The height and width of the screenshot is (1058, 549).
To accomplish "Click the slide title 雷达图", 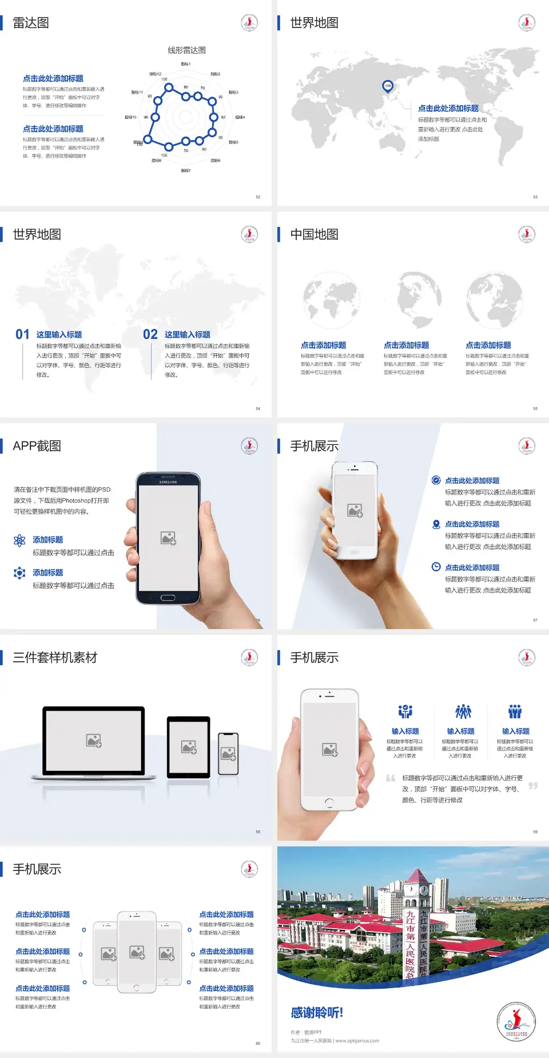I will (31, 23).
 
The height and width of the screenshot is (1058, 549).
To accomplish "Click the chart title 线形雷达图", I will (186, 50).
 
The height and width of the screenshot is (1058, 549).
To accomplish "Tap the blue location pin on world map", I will (388, 86).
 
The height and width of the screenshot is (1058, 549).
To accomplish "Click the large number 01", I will (22, 335).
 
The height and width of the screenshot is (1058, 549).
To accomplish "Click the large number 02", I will (150, 335).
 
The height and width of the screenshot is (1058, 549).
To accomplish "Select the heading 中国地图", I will (314, 234).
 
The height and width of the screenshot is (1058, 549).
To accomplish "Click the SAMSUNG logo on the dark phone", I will (168, 482).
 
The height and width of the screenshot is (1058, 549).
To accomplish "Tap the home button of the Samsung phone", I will (168, 598).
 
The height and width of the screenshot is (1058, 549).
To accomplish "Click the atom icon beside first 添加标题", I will (19, 540).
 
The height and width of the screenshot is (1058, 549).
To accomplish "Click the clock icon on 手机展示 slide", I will (436, 567).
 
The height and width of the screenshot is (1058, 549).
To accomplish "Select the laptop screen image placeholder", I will (94, 741).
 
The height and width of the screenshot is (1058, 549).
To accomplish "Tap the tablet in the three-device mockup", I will (189, 746).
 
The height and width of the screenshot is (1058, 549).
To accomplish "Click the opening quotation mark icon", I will (391, 778).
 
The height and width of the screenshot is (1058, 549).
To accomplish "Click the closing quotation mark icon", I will (533, 786).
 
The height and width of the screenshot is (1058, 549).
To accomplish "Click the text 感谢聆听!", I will (317, 1013).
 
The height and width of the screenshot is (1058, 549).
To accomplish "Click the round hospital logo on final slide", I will (516, 1021).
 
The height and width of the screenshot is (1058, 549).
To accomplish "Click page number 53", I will (535, 197).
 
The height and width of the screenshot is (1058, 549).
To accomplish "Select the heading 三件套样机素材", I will (55, 658).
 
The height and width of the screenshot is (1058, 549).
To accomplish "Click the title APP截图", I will (37, 446).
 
